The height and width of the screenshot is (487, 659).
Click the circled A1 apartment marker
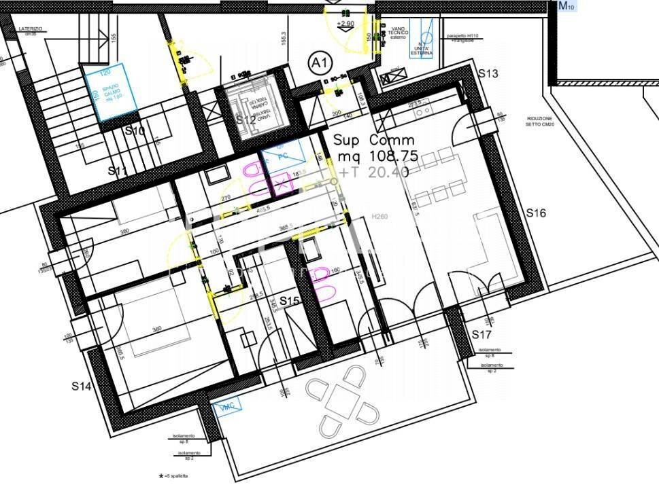320,64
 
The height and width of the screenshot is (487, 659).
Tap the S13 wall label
489,73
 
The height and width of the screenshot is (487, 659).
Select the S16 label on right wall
537,213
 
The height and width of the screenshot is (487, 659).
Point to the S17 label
481,335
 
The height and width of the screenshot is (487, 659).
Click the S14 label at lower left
82,386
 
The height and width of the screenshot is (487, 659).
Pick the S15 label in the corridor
290,301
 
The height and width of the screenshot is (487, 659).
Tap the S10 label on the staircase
135,131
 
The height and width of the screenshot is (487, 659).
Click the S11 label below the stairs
118,171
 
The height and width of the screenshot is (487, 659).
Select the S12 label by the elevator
245,120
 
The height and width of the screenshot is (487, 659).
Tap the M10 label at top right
567,6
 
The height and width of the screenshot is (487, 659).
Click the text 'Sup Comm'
373,140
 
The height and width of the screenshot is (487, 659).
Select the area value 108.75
388,156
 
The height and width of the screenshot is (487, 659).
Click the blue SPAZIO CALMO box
109,92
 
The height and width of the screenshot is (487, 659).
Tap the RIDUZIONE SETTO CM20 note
539,122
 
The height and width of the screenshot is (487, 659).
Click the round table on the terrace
344,401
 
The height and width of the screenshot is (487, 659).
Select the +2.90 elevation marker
347,24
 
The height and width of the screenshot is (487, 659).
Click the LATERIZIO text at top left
31,29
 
